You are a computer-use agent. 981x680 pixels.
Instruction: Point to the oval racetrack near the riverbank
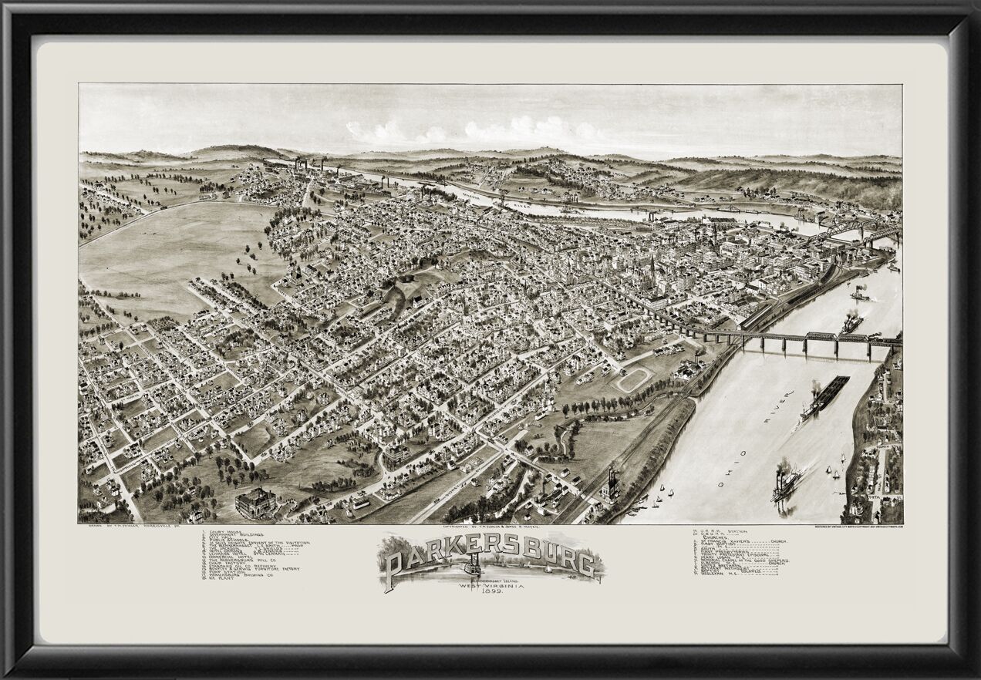coord(632,379)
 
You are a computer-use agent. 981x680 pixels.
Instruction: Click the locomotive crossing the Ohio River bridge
coord(873,337)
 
